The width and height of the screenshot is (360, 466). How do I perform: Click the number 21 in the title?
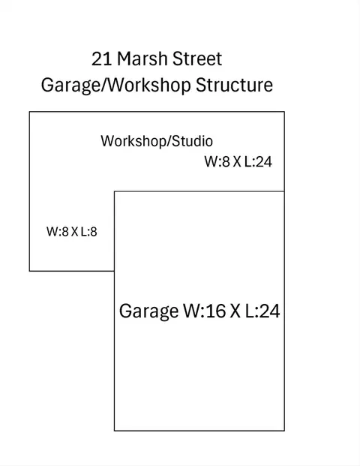click(101, 59)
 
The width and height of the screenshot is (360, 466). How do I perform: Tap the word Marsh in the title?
click(142, 59)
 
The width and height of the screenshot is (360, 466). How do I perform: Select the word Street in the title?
click(197, 59)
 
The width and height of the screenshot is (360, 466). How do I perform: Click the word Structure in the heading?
click(234, 85)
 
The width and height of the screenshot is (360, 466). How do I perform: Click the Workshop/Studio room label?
click(157, 141)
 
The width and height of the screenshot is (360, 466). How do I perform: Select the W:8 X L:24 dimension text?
click(238, 161)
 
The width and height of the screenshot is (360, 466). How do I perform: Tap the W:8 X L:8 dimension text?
click(71, 232)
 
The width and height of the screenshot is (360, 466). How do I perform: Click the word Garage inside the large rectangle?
click(148, 311)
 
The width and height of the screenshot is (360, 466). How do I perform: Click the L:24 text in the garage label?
click(262, 311)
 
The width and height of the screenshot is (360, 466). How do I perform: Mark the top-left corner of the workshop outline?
click(29, 112)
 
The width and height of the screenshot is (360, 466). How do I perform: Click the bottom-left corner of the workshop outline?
click(29, 271)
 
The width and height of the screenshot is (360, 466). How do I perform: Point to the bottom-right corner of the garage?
click(284, 430)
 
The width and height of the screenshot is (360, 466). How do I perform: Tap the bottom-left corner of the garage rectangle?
click(114, 430)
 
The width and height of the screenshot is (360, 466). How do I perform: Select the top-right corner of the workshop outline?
click(284, 112)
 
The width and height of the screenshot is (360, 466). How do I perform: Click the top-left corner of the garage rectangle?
click(114, 191)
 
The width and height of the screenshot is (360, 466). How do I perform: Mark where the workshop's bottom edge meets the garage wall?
click(114, 271)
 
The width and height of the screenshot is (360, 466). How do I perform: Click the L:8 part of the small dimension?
click(88, 232)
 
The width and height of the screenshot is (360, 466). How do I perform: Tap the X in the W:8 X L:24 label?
click(237, 161)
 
